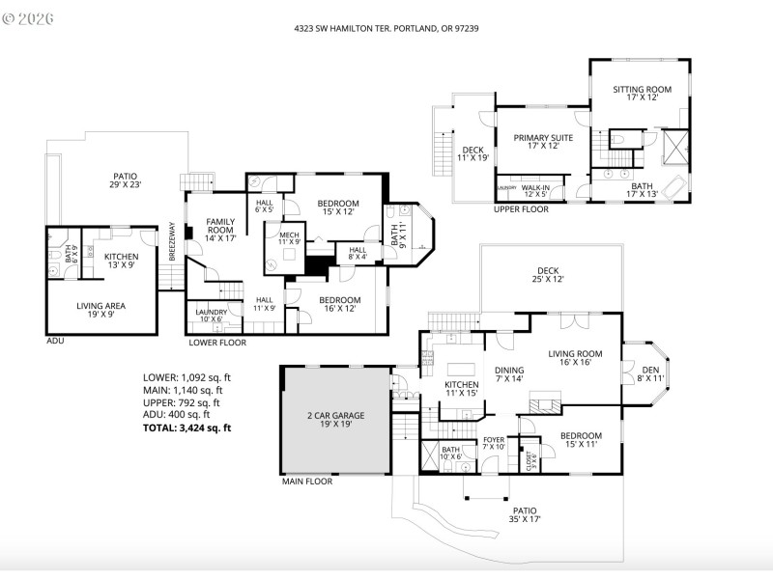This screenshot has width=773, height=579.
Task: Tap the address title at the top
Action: (386, 29)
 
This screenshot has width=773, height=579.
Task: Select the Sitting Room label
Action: (642, 94)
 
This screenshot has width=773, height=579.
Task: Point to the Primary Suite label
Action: (543, 142)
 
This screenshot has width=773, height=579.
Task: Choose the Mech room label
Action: (289, 238)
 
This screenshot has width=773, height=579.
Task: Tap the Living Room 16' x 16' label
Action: (576, 359)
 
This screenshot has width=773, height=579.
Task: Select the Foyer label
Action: (494, 443)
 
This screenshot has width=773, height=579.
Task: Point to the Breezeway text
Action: (172, 241)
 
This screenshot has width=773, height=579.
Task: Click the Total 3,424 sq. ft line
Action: (186, 427)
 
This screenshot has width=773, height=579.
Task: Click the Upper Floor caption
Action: (521, 208)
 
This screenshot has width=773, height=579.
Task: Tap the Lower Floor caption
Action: (216, 343)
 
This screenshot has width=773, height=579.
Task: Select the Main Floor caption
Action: (306, 481)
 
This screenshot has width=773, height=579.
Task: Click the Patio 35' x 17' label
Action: (524, 514)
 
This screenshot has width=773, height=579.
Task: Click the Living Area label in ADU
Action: (101, 311)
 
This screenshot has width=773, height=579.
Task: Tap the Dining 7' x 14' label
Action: (509, 374)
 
